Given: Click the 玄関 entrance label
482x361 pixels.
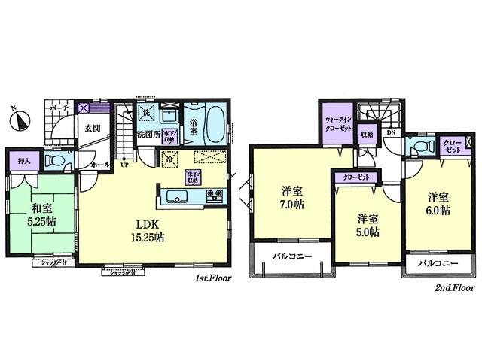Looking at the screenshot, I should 92,128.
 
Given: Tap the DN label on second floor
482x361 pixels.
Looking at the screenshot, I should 391,132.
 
